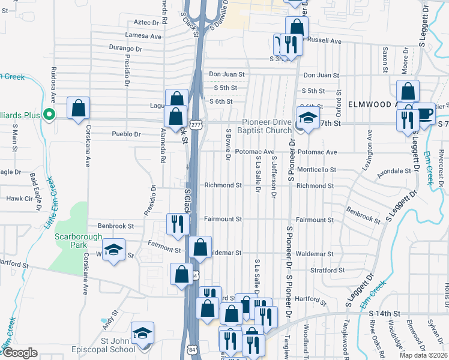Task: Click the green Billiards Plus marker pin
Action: point(50,113)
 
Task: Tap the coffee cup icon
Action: point(424,113)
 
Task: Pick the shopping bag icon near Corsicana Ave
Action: point(78,109)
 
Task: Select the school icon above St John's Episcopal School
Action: point(142,332)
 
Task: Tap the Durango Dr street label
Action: point(125,49)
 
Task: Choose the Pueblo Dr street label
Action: point(126,134)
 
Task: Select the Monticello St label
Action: point(316,170)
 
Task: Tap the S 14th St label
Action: point(384,313)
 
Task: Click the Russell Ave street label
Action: point(324,41)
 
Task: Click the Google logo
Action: point(20,352)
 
